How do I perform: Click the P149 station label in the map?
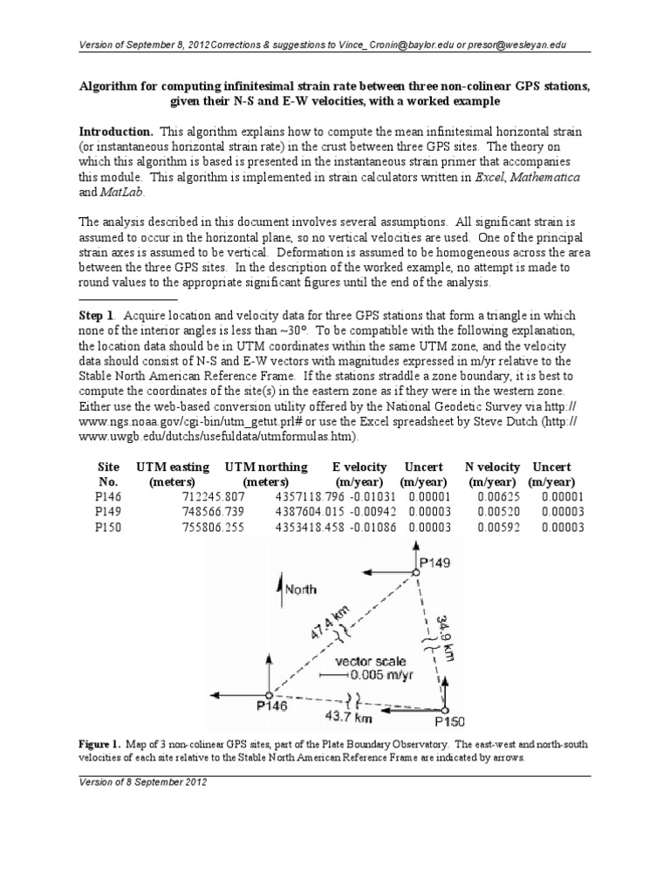434,562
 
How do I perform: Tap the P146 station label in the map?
271,706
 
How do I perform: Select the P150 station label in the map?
450,721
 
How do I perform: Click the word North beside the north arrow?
301,590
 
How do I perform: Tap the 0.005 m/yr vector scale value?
384,675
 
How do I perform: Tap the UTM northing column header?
266,467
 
